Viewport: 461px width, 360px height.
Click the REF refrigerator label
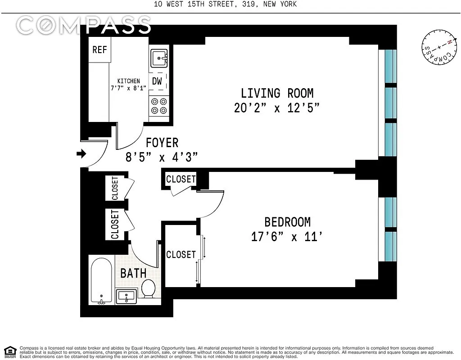(99, 49)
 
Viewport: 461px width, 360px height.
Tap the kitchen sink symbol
(159, 58)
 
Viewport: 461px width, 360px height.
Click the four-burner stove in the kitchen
(159, 106)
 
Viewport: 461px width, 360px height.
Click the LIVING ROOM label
(277, 93)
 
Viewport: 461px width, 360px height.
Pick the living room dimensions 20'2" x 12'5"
(277, 108)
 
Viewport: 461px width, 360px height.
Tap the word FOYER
(162, 143)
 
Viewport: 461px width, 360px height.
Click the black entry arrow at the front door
(81, 153)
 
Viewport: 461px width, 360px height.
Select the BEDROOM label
(288, 222)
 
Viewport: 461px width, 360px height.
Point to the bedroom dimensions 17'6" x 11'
(287, 237)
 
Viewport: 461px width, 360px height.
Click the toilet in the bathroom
(149, 288)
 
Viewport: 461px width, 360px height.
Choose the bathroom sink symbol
(127, 296)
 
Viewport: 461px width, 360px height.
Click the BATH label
(133, 273)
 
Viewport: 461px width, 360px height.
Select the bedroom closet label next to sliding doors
(181, 255)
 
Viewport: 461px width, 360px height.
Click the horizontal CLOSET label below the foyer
(181, 179)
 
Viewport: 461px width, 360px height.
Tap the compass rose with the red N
(439, 47)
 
